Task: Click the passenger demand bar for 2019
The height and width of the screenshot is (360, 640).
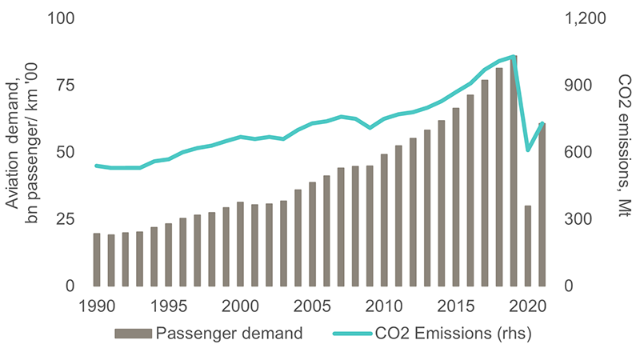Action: point(513,171)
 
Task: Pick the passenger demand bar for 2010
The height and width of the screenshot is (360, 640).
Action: point(384,220)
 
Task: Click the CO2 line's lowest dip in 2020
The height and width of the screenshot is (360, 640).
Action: point(527,150)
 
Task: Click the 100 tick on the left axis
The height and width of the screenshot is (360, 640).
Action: point(62,18)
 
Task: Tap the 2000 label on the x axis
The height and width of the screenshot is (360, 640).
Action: point(240,306)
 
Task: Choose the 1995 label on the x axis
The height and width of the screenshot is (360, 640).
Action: point(168,306)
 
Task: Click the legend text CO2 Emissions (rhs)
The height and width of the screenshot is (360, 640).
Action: point(453,334)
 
